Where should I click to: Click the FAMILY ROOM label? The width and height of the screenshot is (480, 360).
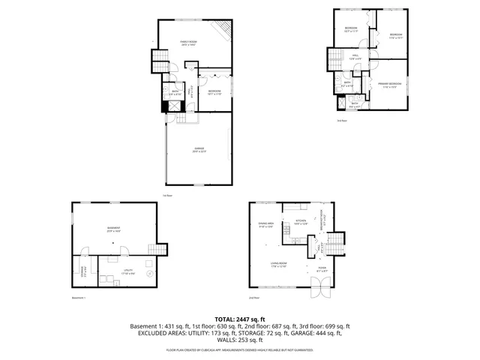tap(188, 43)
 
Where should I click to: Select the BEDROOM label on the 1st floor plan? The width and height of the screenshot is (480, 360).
tap(214, 91)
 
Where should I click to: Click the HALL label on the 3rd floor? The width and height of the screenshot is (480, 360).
tap(355, 56)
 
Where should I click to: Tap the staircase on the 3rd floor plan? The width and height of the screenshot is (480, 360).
tap(334, 59)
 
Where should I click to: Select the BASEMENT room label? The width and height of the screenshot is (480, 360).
tap(114, 229)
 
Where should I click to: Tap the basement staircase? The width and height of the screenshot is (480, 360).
tap(157, 249)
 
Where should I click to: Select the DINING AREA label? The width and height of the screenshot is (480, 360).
tap(265, 226)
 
